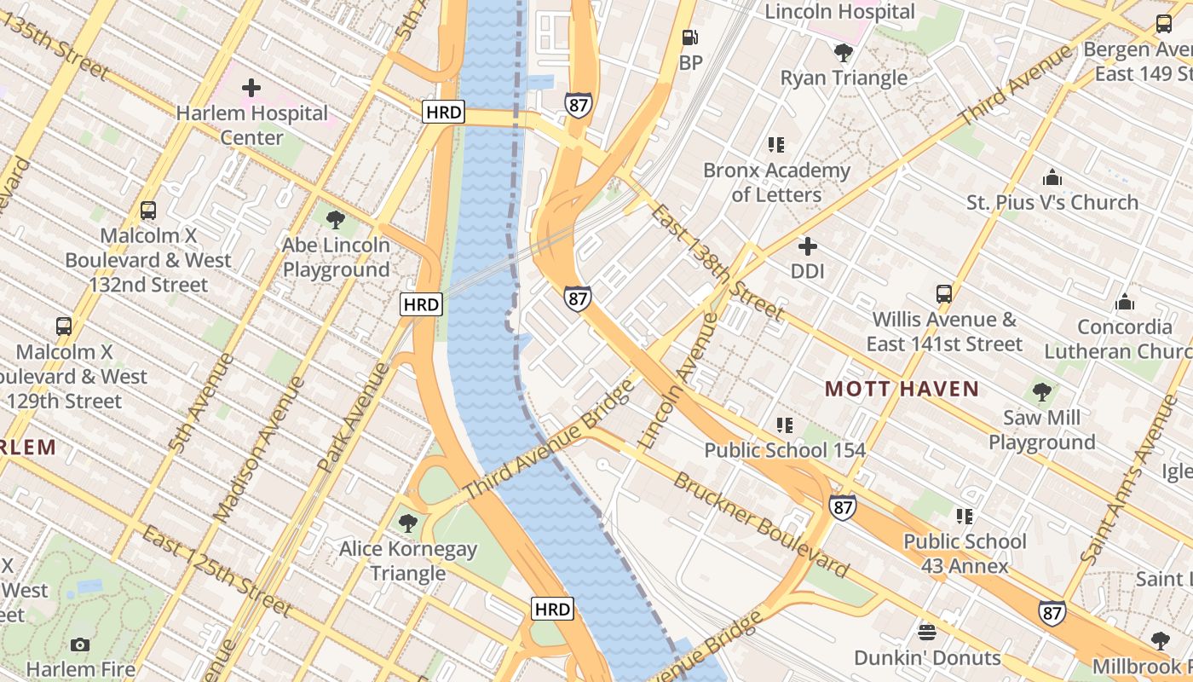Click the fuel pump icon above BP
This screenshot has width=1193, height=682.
(689, 38)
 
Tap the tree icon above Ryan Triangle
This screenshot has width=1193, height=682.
(844, 53)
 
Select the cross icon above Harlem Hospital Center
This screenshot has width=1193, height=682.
(251, 88)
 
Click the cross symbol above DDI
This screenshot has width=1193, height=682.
(807, 247)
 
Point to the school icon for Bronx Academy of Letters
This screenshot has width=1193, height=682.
(775, 145)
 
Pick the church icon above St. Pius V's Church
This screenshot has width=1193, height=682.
(1052, 177)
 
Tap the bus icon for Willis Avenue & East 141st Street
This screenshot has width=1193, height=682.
(943, 294)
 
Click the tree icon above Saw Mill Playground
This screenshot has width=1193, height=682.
(1041, 392)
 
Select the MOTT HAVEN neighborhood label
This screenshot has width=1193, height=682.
(902, 390)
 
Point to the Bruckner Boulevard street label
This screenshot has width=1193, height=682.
(761, 524)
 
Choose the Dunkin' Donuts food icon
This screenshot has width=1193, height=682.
(927, 633)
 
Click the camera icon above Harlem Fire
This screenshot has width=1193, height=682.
(80, 644)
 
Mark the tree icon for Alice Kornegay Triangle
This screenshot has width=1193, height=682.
(408, 523)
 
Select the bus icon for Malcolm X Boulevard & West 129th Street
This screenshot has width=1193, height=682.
(64, 326)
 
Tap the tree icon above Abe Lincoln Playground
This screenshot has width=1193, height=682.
(336, 220)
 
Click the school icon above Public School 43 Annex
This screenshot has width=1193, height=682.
(965, 516)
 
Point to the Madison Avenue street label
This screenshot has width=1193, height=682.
(260, 449)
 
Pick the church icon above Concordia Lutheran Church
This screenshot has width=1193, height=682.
(1125, 302)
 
